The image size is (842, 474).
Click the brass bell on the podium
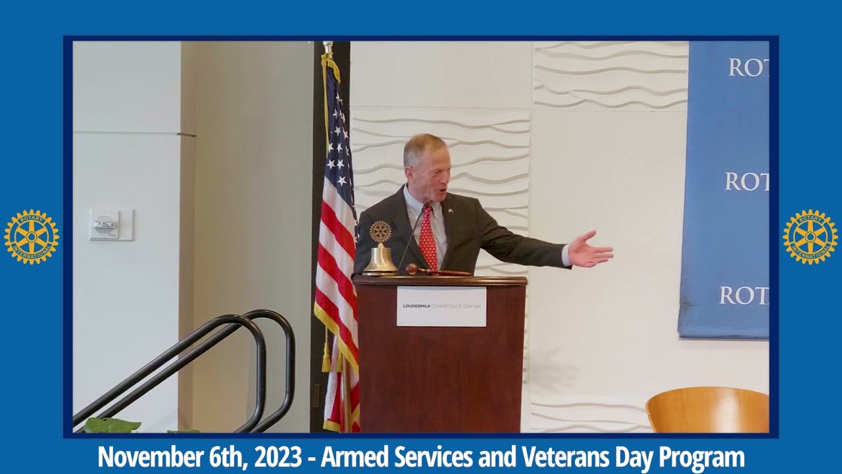(380, 259)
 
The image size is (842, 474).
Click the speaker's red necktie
(428, 236)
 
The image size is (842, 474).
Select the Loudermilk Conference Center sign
(441, 306)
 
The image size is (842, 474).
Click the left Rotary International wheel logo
(32, 236)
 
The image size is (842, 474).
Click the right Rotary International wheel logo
(810, 236)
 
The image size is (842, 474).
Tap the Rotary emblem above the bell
(380, 232)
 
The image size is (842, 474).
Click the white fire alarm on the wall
(105, 224)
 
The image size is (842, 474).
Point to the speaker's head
(426, 165)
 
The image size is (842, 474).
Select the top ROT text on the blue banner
(749, 67)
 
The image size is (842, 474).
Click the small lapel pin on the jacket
(450, 211)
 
